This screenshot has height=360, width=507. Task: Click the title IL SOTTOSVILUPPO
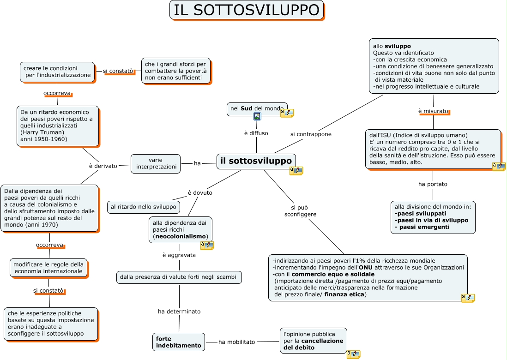click(247, 10)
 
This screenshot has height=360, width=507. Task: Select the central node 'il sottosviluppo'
click(256, 161)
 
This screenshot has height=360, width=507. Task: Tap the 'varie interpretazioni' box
click(156, 163)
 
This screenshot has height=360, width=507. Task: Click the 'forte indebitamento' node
click(179, 342)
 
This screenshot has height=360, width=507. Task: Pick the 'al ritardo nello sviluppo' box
click(144, 207)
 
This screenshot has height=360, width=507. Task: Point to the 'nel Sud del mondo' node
click(257, 108)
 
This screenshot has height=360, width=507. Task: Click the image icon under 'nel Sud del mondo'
click(257, 116)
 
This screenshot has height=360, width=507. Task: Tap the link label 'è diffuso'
click(256, 133)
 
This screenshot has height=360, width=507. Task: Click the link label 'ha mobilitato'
click(236, 342)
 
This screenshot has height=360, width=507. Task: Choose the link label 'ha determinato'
click(179, 312)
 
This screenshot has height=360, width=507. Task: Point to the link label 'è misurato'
click(433, 111)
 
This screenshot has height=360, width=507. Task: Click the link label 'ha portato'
click(433, 184)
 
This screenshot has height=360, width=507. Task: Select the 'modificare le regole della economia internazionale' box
click(48, 268)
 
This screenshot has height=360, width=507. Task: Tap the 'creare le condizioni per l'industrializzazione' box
click(57, 72)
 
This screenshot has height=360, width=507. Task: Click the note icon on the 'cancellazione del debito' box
click(353, 354)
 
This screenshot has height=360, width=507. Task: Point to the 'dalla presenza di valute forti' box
click(179, 277)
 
